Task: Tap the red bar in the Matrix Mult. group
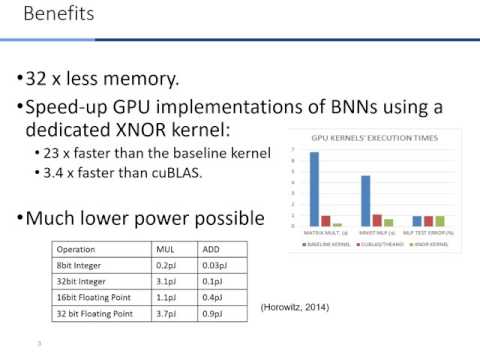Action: coord(326,221)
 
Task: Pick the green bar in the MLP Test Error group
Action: coord(440,221)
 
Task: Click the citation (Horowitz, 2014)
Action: coord(292,305)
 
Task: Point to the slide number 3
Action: coord(37,343)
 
